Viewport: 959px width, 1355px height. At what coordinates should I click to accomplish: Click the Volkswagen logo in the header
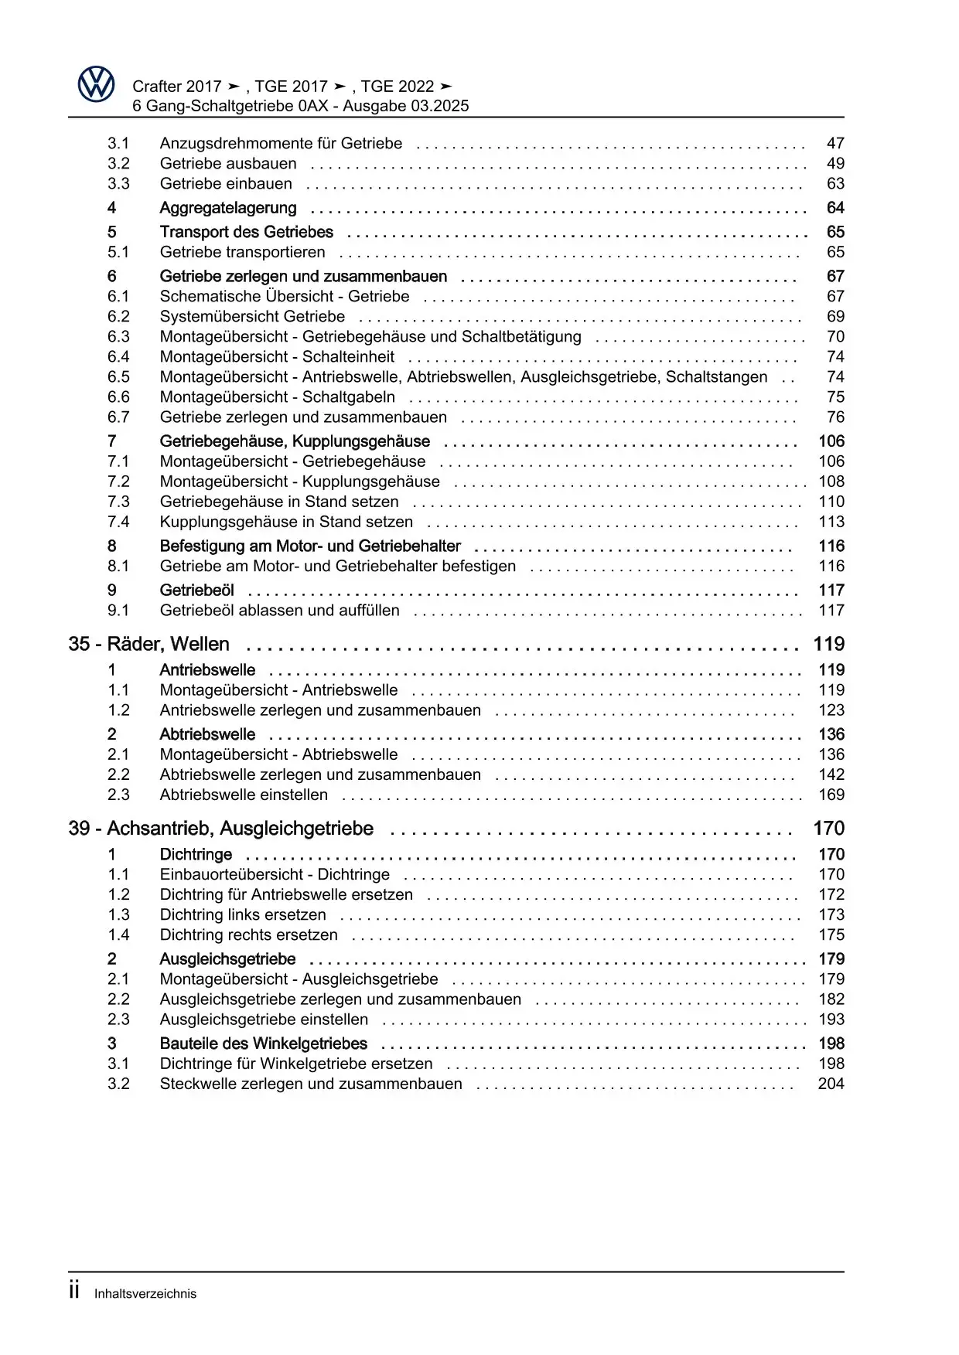point(97,84)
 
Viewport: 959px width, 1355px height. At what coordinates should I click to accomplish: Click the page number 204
point(831,1084)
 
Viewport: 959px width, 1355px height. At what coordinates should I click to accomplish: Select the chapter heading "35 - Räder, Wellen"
point(148,644)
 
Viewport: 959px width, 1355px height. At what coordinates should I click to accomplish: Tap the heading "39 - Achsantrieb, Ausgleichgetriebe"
point(220,829)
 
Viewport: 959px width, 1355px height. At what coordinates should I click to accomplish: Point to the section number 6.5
point(118,376)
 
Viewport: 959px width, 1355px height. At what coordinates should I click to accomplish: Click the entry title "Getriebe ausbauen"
point(228,163)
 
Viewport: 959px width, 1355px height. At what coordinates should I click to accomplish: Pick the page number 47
point(835,143)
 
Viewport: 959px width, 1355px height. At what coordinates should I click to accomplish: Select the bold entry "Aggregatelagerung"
point(228,208)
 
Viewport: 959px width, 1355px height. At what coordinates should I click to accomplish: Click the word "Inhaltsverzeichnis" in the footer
point(145,1294)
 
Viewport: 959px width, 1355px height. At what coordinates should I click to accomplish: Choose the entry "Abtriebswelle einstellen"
point(244,795)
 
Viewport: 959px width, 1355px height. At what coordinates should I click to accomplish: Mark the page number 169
point(831,795)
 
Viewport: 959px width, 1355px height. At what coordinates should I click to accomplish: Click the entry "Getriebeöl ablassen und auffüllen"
point(279,610)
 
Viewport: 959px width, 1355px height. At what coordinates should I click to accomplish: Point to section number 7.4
point(118,522)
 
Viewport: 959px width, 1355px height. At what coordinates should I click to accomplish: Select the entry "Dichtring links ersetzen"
point(243,914)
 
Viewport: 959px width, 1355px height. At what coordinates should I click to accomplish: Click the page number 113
point(831,522)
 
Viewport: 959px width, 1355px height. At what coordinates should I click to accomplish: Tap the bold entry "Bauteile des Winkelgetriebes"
point(263,1043)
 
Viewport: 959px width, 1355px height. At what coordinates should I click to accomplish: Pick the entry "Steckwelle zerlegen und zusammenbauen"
point(311,1084)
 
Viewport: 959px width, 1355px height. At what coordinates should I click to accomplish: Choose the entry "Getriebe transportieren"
point(242,252)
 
